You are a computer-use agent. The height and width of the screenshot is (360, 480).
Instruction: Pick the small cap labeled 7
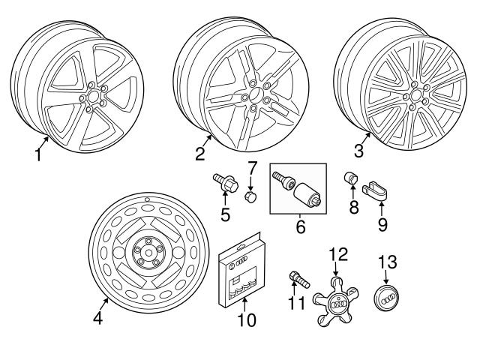tap(252, 196)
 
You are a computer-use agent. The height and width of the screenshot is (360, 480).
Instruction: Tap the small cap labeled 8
tap(349, 181)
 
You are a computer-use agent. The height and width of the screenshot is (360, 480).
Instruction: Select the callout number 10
tap(246, 320)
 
